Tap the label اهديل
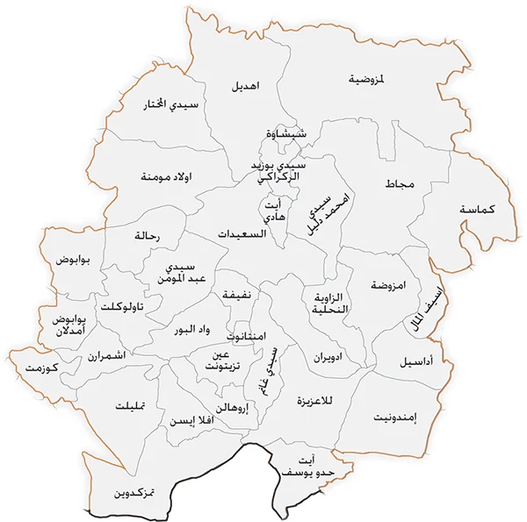tap(246, 87)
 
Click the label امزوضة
tap(387, 286)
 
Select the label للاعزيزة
tap(316, 401)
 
